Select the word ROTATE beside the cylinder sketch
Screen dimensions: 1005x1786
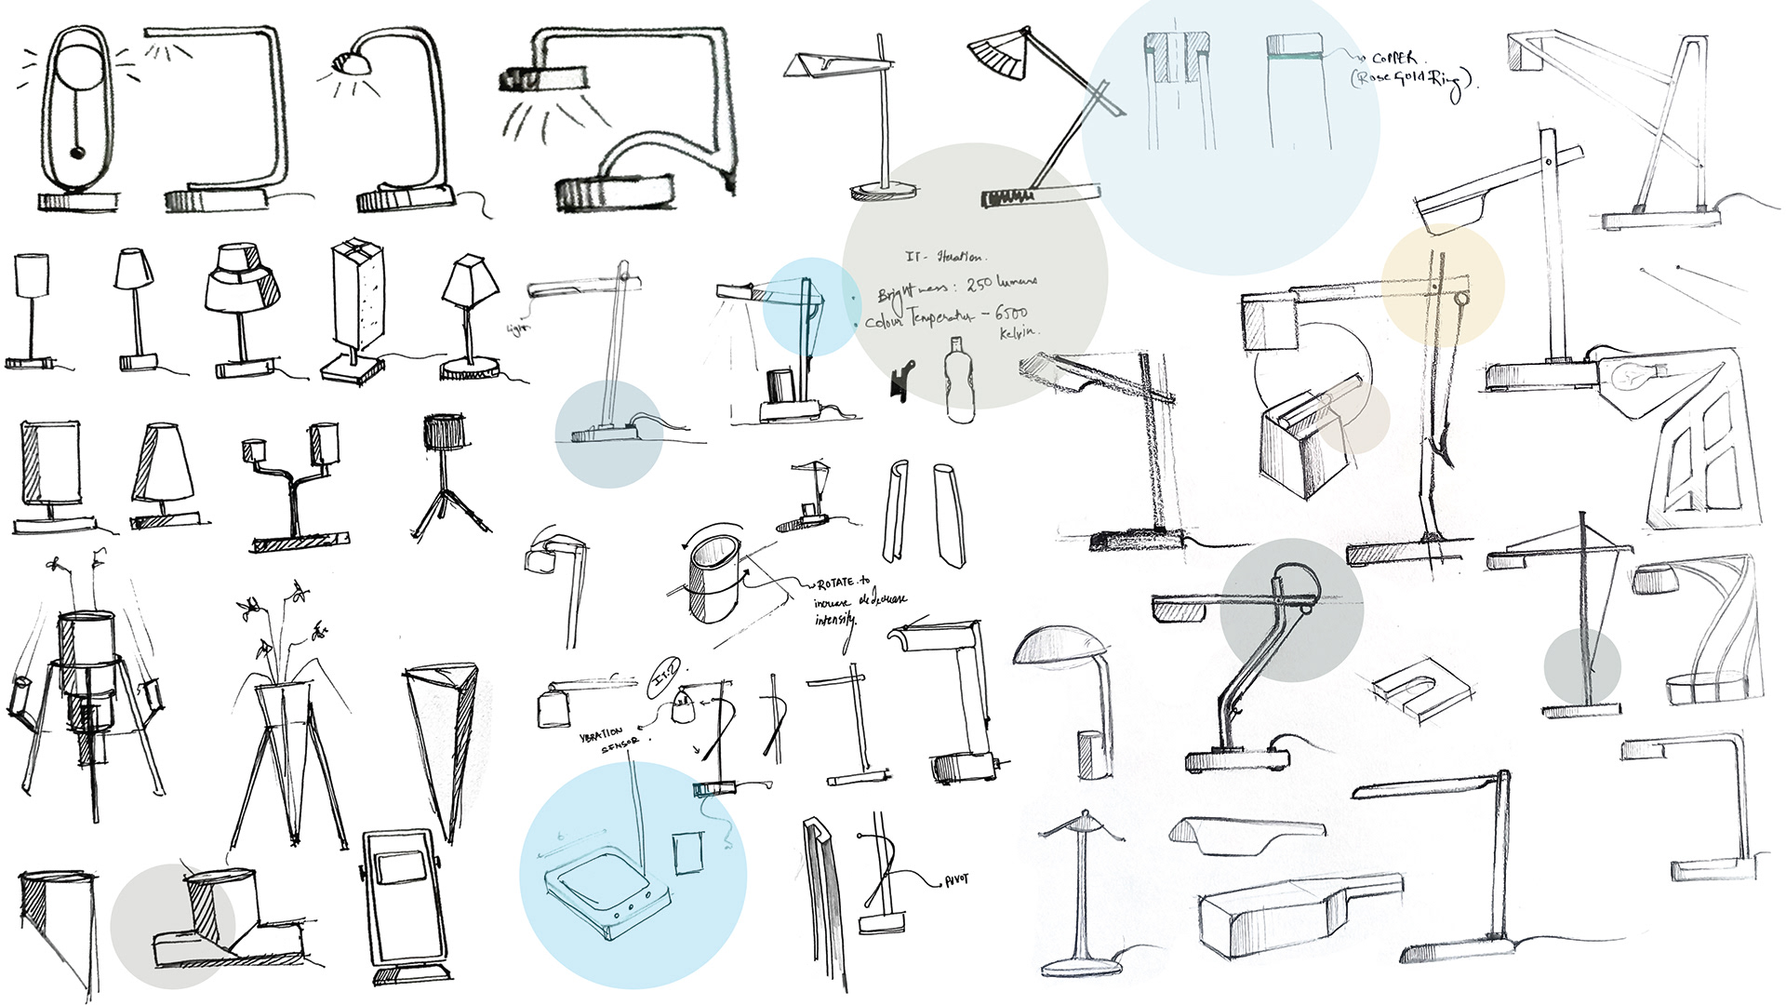tap(835, 583)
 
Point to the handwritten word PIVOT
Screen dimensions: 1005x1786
tap(955, 879)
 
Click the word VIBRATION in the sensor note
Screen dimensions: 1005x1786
tap(601, 734)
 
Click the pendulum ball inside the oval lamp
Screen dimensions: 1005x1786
tap(76, 152)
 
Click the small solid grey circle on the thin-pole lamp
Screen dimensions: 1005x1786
tap(1581, 666)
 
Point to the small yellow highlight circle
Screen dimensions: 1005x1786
tap(1442, 284)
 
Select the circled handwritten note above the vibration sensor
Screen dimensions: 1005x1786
tap(664, 677)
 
